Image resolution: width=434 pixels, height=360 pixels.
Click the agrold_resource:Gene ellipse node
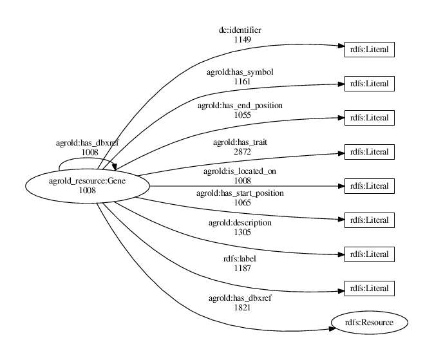pyautogui.click(x=87, y=185)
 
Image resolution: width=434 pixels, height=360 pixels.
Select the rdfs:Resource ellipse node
pyautogui.click(x=370, y=321)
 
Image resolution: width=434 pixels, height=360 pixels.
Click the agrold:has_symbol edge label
pyautogui.click(x=242, y=72)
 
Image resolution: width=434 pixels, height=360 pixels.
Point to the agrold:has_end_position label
pyautogui.click(x=240, y=105)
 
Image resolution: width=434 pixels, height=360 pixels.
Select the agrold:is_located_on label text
pyautogui.click(x=242, y=172)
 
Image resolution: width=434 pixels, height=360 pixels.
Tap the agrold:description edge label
pyautogui.click(x=240, y=223)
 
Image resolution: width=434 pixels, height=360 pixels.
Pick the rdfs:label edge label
pyautogui.click(x=242, y=260)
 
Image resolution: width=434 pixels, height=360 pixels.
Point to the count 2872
pyautogui.click(x=242, y=151)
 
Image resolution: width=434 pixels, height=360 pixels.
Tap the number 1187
pyautogui.click(x=242, y=269)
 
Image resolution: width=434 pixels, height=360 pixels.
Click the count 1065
pyautogui.click(x=242, y=202)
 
